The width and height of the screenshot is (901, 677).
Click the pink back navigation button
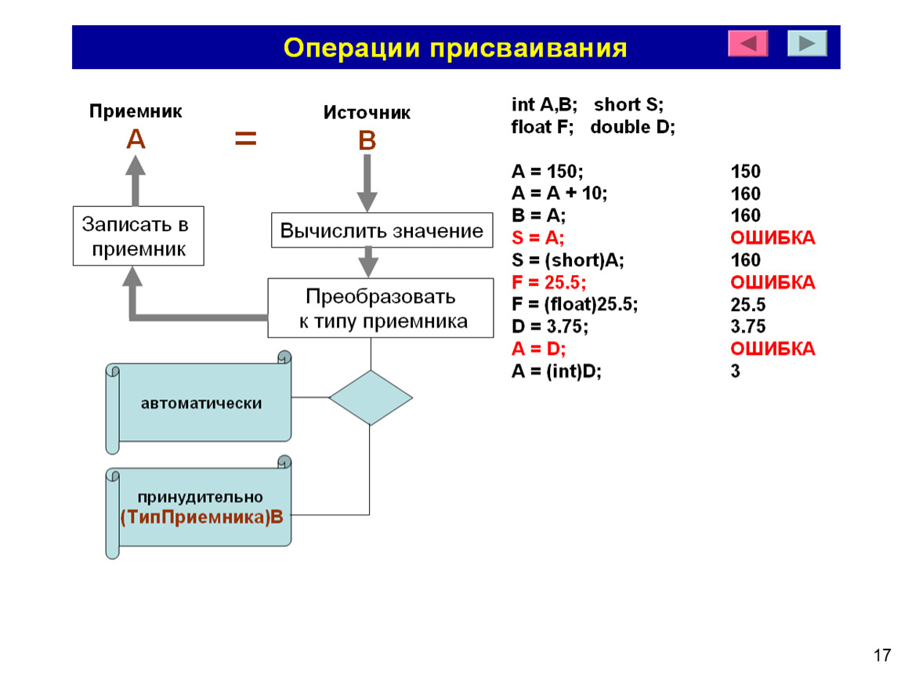coord(747,43)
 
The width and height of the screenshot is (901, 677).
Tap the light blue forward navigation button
coord(807,43)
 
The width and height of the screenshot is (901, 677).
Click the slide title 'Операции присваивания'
coord(455,49)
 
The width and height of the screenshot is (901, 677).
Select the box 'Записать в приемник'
coord(139,236)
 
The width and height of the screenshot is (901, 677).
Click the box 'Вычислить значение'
coord(382,230)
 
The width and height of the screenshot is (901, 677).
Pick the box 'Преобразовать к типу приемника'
coord(381,308)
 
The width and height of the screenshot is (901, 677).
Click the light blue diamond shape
coord(371,398)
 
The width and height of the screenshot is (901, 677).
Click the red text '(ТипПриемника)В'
coord(201,517)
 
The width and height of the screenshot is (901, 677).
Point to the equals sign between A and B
coord(245,139)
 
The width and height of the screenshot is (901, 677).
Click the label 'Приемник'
coord(136,111)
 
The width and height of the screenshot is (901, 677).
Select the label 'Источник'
coord(367,112)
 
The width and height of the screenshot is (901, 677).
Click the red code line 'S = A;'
coord(537,237)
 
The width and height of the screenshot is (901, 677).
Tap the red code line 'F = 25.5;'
coord(548,282)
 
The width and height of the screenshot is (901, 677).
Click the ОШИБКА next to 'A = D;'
coord(773,348)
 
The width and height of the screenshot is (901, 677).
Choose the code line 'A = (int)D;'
coord(556,371)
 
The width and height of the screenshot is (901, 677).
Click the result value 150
coord(745,172)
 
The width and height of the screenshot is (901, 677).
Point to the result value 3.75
coord(747,327)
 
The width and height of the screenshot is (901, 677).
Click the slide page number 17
coord(882,655)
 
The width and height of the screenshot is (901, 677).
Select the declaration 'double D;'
coord(632,126)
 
